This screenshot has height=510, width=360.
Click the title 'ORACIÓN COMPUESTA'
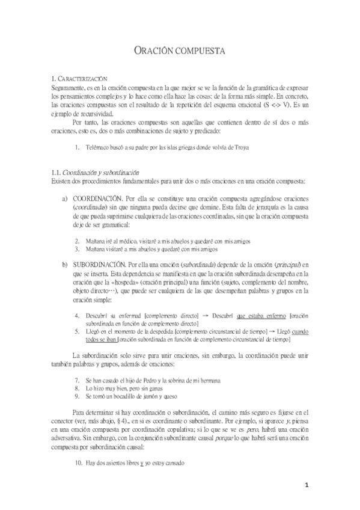[179, 52]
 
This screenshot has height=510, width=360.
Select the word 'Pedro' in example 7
[149, 381]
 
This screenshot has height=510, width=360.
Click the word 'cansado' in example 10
[171, 463]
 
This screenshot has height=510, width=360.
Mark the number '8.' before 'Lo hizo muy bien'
[78, 389]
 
